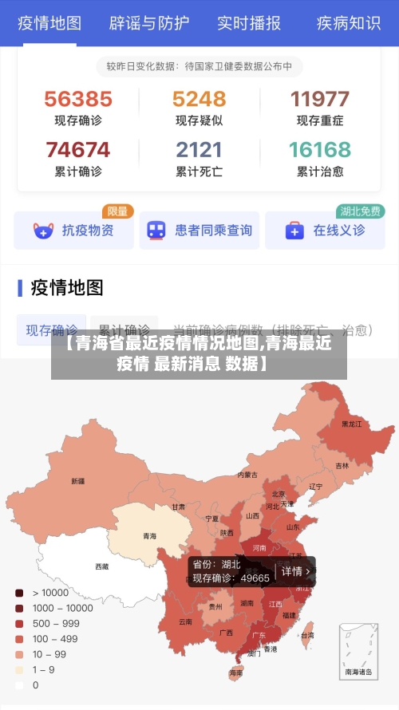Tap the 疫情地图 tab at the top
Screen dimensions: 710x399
[x=49, y=22]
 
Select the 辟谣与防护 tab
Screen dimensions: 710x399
[x=149, y=22]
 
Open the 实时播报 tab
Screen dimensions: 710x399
[x=249, y=22]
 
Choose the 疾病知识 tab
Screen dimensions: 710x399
[x=349, y=22]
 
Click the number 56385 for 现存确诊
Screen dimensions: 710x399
[x=78, y=99]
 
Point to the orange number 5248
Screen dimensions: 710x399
[x=199, y=99]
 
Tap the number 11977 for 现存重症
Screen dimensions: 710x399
[x=320, y=99]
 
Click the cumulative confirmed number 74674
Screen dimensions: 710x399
[x=78, y=149]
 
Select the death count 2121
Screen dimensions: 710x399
[x=199, y=149]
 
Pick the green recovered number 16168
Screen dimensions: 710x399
[x=320, y=149]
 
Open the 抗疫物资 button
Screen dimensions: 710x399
[x=73, y=231]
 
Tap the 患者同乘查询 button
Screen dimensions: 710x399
[x=199, y=231]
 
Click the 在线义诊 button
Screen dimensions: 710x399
[x=325, y=231]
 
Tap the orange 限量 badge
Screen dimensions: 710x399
[x=117, y=211]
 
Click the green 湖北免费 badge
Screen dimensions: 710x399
[x=361, y=211]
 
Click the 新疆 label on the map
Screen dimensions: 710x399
[x=77, y=481]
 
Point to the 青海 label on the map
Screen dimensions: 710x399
[x=149, y=536]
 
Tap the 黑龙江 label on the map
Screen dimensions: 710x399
[x=352, y=424]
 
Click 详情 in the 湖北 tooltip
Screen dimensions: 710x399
[x=294, y=571]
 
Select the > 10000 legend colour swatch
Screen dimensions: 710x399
[x=19, y=593]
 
